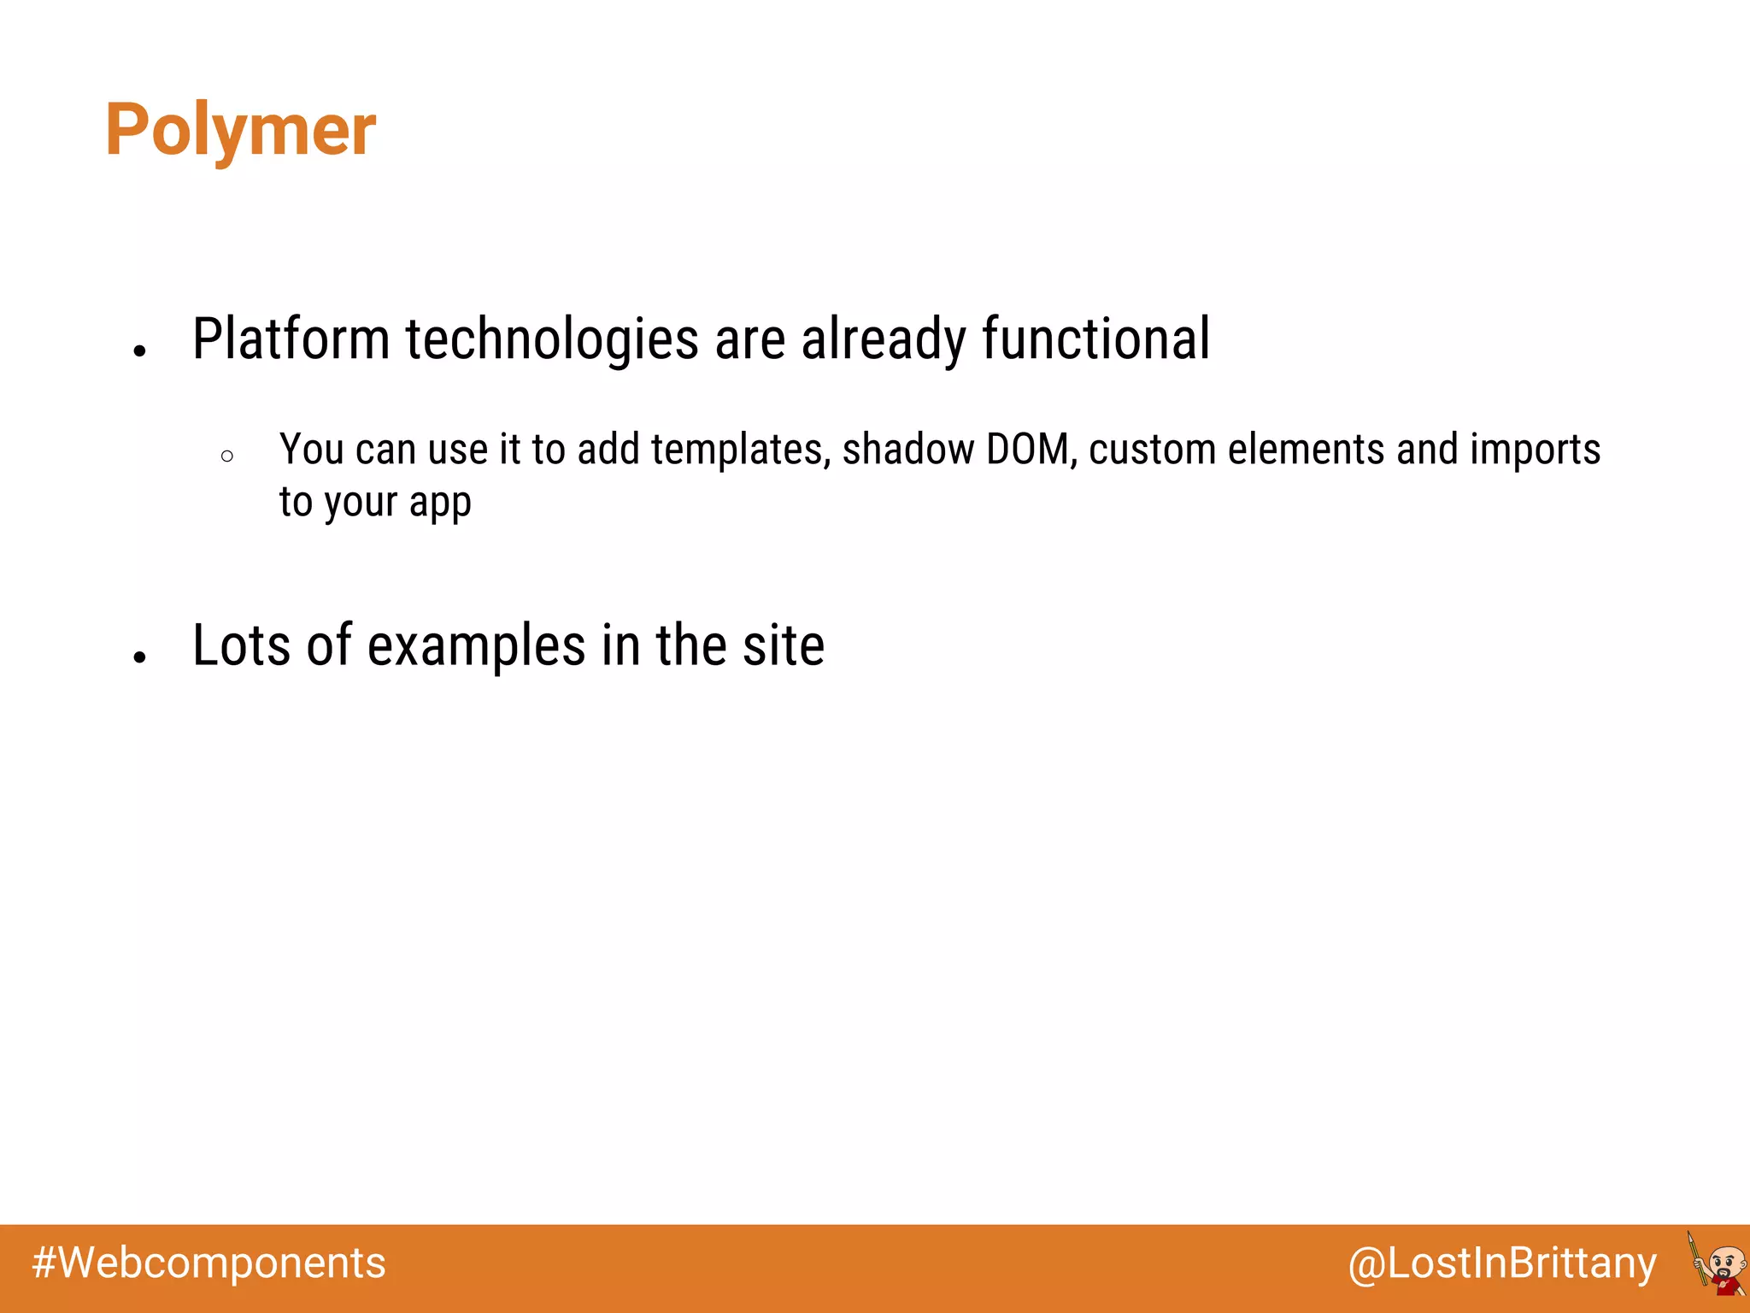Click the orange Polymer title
point(240,130)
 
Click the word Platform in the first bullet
point(291,339)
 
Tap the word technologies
point(552,339)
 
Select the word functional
point(1095,339)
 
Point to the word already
point(884,339)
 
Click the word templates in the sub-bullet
point(741,450)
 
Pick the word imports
point(1535,450)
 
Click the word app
point(440,503)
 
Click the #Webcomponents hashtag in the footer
point(208,1263)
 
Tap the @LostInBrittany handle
point(1501,1263)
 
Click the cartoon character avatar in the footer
point(1718,1264)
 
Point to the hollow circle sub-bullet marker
point(226,456)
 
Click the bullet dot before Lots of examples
point(140,656)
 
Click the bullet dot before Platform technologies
point(140,350)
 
